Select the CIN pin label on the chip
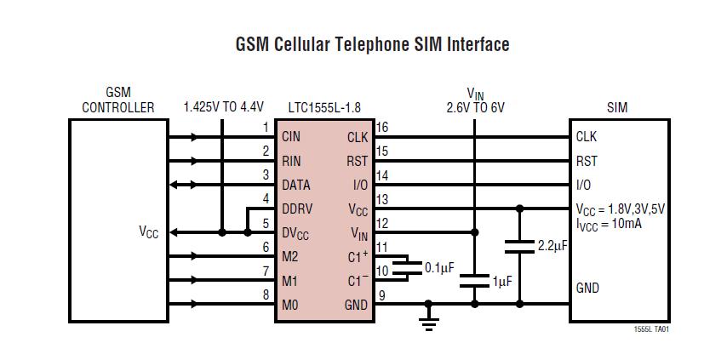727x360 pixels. tap(292, 136)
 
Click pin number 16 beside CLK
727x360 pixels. tap(382, 128)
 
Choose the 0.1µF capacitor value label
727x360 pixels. tap(439, 267)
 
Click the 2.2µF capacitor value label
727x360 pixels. tap(553, 246)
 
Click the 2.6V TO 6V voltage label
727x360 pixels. tap(475, 108)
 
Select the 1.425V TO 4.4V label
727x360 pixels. tap(224, 107)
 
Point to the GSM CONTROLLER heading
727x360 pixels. tap(118, 100)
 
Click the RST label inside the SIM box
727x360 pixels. tap(587, 161)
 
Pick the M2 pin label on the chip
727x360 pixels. tap(291, 256)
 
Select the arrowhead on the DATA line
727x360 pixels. tap(175, 185)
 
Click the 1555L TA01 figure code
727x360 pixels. tap(652, 329)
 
